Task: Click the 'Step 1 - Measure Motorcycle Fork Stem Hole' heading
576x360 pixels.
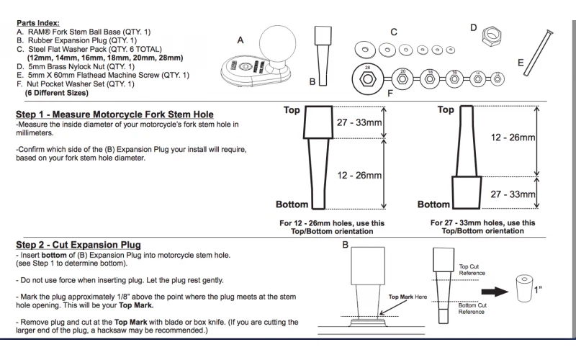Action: (114, 114)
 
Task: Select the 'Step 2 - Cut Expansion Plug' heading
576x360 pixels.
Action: (78, 246)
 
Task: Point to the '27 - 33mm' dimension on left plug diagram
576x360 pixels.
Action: (360, 123)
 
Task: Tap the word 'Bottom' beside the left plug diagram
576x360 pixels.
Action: (292, 204)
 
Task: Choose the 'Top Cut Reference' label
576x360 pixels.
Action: (472, 271)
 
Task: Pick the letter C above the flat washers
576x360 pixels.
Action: (394, 32)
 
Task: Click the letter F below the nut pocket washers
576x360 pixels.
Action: (390, 92)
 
